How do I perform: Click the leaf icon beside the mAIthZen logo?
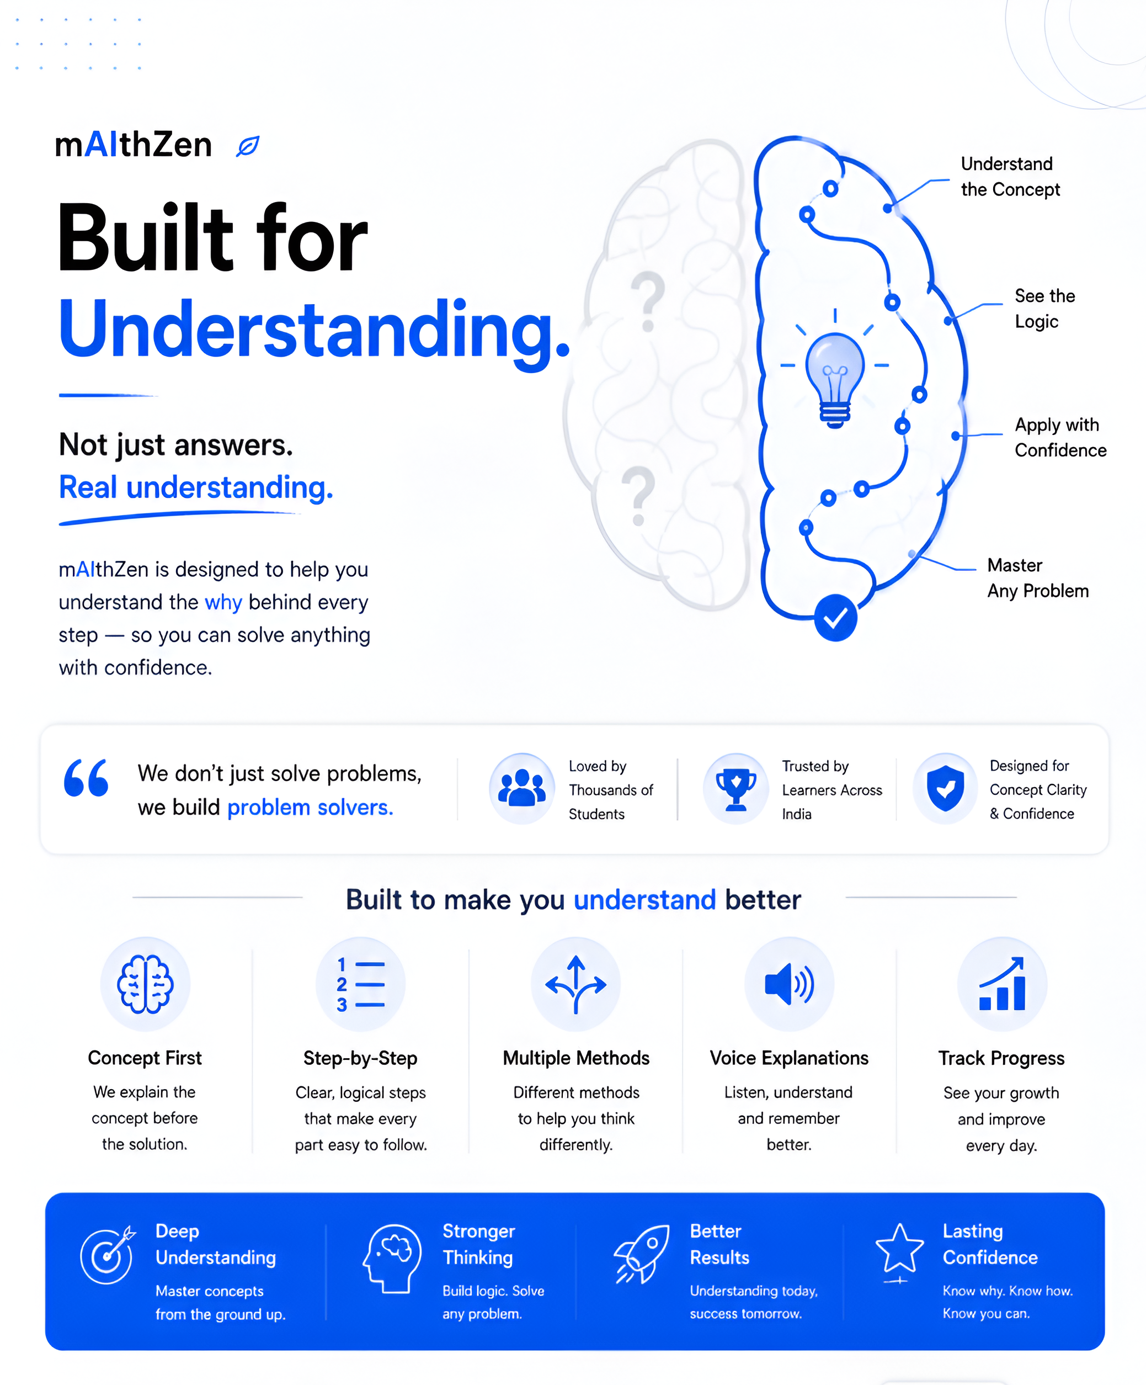(247, 146)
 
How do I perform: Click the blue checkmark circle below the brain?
(835, 617)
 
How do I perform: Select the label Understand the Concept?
(1010, 177)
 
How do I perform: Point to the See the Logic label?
(1044, 309)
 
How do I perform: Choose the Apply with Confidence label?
(1060, 437)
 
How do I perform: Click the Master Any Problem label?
(1038, 579)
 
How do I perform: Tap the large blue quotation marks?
(86, 778)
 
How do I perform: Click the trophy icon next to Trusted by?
(736, 789)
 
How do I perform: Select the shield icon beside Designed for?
(946, 788)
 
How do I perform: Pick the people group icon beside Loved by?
(521, 788)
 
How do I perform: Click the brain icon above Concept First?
(145, 984)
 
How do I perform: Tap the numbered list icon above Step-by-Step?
(360, 985)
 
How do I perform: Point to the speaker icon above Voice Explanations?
(789, 984)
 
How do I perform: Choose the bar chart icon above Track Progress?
(1002, 984)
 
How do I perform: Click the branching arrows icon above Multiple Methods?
(575, 984)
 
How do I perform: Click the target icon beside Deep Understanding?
(108, 1255)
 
